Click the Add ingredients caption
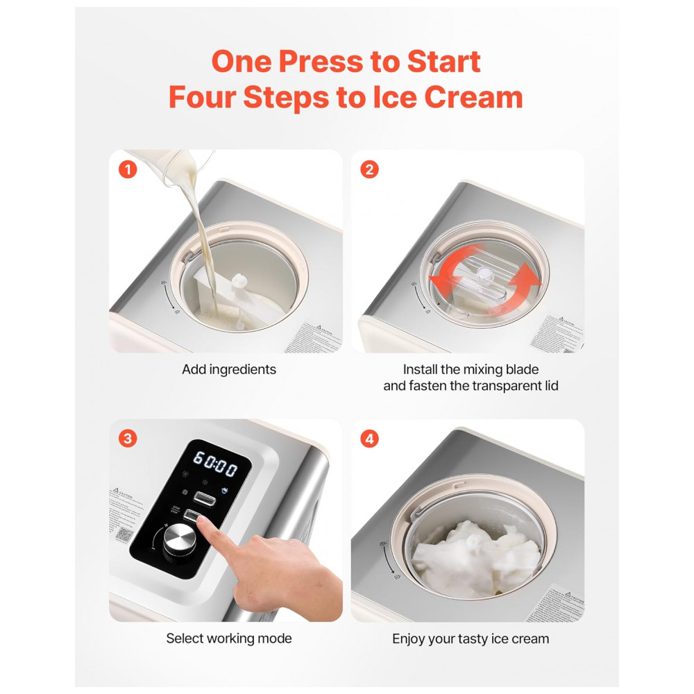(228, 369)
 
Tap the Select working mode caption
(228, 638)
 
